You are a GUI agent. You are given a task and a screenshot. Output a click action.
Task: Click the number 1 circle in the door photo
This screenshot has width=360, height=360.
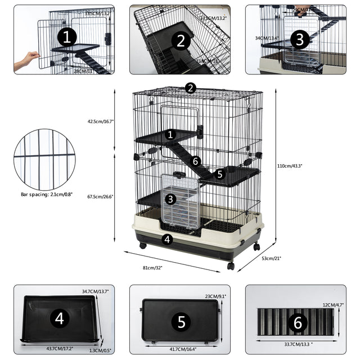tap(67, 38)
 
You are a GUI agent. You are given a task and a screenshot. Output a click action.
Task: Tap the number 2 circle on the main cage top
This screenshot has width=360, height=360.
tap(191, 88)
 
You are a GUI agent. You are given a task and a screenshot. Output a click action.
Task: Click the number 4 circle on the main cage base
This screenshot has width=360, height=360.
tap(166, 239)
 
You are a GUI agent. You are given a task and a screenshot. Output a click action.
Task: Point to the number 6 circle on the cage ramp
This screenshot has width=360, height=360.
tap(196, 161)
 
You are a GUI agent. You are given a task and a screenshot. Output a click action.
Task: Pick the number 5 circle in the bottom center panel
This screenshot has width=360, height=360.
tap(181, 321)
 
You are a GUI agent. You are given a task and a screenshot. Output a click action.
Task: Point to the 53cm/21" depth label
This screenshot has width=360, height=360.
tap(271, 258)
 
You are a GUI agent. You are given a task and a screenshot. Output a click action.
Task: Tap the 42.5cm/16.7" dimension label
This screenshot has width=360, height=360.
tap(101, 121)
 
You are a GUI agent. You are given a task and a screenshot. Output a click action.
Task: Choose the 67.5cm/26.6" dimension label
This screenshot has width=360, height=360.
tap(101, 196)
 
